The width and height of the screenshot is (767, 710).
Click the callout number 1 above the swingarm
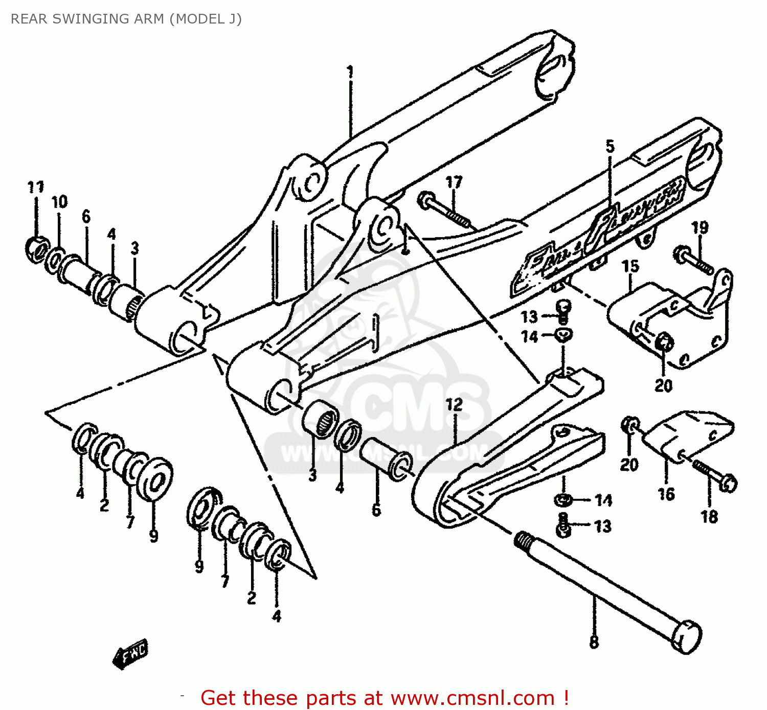350,72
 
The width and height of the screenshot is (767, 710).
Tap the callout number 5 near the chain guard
610,147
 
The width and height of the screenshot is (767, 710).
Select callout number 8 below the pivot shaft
594,642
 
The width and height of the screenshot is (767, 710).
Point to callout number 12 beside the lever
454,405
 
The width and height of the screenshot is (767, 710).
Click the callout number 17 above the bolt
454,182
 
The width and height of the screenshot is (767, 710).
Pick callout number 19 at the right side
700,227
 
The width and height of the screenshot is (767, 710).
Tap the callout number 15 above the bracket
630,266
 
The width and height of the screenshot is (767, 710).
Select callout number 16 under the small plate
666,494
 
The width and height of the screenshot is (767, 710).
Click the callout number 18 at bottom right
709,517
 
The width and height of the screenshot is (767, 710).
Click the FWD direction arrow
130,654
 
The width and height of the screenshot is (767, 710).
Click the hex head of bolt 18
728,483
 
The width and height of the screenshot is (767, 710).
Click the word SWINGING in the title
88,19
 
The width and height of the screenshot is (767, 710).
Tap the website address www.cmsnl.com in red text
472,698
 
